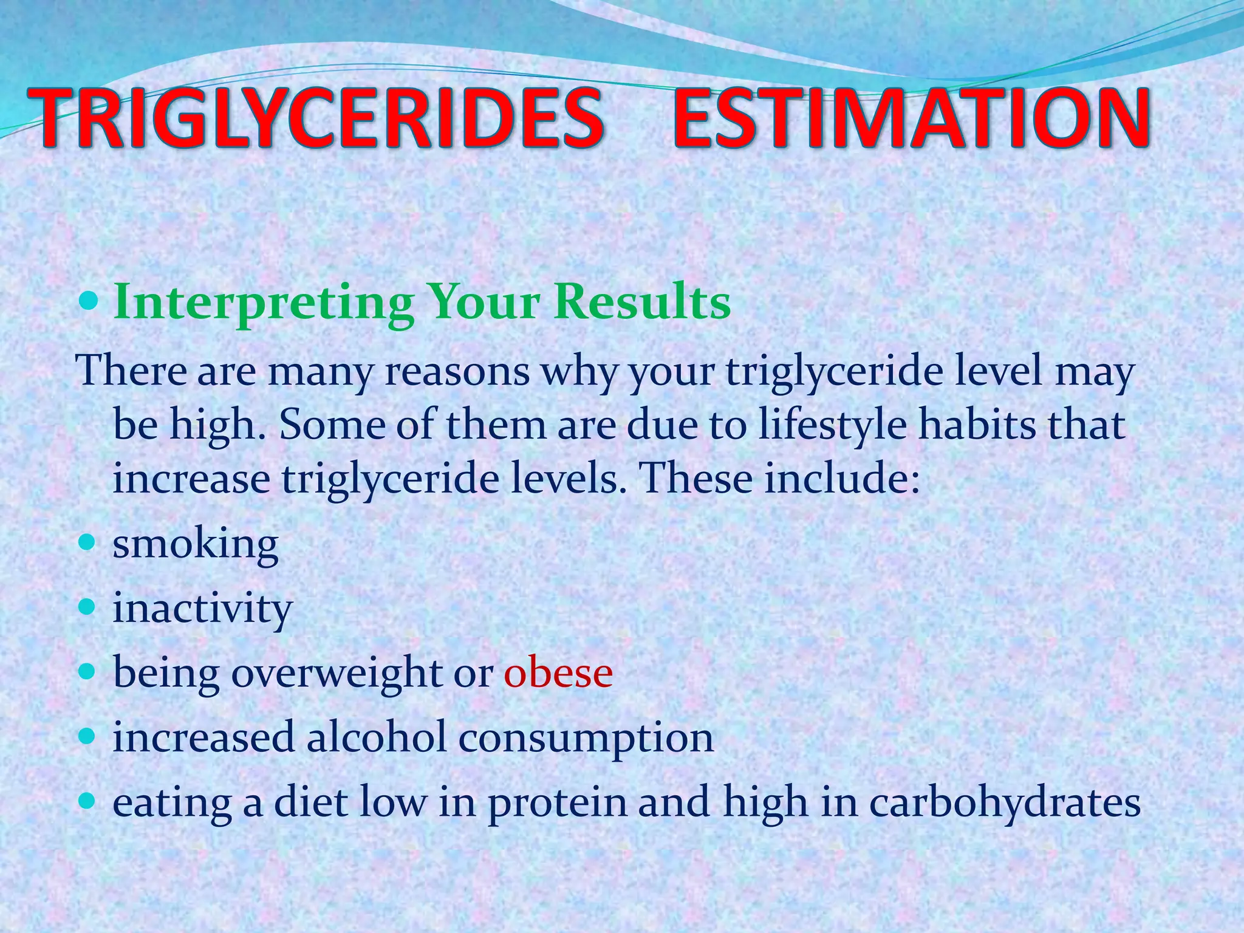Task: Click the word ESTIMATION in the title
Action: point(911,118)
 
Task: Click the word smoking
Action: point(196,544)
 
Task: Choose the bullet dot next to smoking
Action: point(89,541)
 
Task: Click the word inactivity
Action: point(203,608)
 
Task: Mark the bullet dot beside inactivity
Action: point(89,606)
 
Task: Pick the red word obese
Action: point(558,672)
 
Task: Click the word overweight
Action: point(337,673)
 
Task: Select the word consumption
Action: point(586,739)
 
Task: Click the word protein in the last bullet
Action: point(557,803)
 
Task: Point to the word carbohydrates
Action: point(1005,803)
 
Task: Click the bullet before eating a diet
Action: point(89,801)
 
